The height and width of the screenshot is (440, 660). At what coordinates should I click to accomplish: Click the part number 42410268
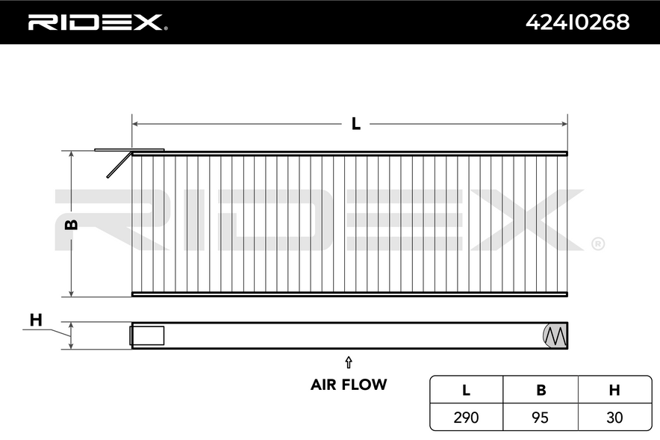(x=578, y=22)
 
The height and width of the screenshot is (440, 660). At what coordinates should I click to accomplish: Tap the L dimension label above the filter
(x=356, y=124)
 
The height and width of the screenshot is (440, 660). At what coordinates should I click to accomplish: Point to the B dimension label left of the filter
(x=72, y=224)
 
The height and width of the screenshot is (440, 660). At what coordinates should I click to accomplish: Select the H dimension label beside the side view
(x=36, y=320)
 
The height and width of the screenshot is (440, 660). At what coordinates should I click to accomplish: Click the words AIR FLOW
(x=349, y=385)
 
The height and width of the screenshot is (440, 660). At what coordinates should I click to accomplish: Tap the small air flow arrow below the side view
(x=349, y=362)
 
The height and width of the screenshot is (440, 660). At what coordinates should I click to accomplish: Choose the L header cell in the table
(x=466, y=390)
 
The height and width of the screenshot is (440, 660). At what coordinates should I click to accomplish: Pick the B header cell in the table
(x=541, y=390)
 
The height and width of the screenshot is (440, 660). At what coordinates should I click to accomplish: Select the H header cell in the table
(x=614, y=390)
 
